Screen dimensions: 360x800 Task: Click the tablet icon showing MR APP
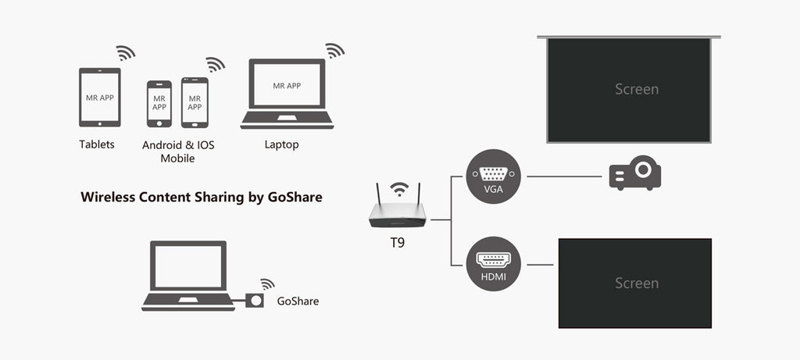(x=100, y=97)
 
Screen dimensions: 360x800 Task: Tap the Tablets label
(x=97, y=144)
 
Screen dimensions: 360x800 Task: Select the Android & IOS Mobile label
(x=178, y=151)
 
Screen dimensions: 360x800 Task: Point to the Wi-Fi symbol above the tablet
(x=125, y=52)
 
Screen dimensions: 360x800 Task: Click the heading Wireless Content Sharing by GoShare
(x=202, y=198)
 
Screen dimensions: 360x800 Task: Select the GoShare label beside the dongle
(x=298, y=301)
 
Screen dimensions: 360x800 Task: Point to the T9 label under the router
(x=398, y=243)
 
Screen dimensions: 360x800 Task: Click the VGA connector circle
(x=492, y=176)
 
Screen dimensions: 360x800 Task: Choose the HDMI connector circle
(x=492, y=265)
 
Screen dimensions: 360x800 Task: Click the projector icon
(x=635, y=174)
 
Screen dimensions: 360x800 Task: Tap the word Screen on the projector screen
(x=637, y=89)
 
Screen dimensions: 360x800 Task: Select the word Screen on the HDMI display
(x=637, y=283)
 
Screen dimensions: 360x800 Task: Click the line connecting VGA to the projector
(x=562, y=176)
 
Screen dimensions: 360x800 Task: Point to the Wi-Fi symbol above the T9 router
(x=399, y=190)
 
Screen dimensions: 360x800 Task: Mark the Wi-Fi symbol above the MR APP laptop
(x=334, y=51)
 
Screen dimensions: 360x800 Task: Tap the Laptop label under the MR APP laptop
(x=281, y=144)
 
